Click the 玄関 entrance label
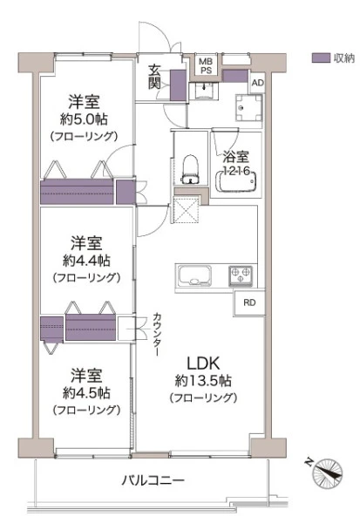tap(154, 77)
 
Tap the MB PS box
tap(206, 65)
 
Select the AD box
tap(257, 83)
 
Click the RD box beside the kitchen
tap(249, 302)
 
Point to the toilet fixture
tap(190, 169)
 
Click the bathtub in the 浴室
tap(236, 181)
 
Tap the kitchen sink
tap(195, 275)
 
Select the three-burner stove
tap(241, 275)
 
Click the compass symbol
tap(326, 474)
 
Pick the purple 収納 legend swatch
tap(321, 58)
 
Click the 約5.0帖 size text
tap(84, 119)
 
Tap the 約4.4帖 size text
tap(86, 261)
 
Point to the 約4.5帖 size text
tap(86, 393)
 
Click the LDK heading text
tap(203, 363)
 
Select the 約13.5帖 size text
tap(203, 380)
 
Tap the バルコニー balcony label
tap(153, 480)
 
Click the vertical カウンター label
tap(157, 335)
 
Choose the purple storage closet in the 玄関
tap(178, 85)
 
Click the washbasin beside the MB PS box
tap(203, 91)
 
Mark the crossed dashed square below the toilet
tap(187, 210)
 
